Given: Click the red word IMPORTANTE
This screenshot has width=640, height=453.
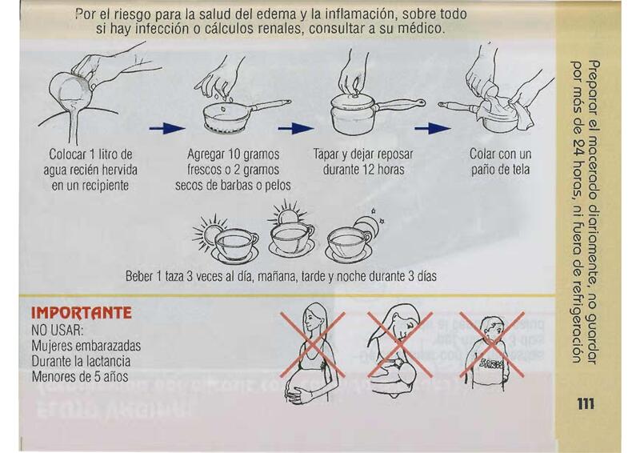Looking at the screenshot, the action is [x=82, y=313].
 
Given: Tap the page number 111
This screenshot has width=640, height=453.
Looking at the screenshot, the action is [x=586, y=404].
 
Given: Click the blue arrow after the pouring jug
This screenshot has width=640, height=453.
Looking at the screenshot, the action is [x=167, y=129].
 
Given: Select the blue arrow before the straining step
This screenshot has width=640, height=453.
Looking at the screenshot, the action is [x=433, y=129].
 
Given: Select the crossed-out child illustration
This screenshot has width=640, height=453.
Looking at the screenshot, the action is [x=492, y=351].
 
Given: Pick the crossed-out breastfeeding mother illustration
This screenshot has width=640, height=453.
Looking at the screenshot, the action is [x=400, y=351].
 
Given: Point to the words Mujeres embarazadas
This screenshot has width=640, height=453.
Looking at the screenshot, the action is [x=86, y=346].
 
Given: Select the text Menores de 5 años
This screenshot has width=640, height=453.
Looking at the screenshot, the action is [x=80, y=376].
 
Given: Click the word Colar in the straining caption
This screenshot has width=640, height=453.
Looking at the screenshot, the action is [x=482, y=154].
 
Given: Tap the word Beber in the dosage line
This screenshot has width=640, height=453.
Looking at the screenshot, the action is [x=138, y=277].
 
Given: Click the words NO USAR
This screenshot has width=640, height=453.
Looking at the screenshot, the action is [x=58, y=330].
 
